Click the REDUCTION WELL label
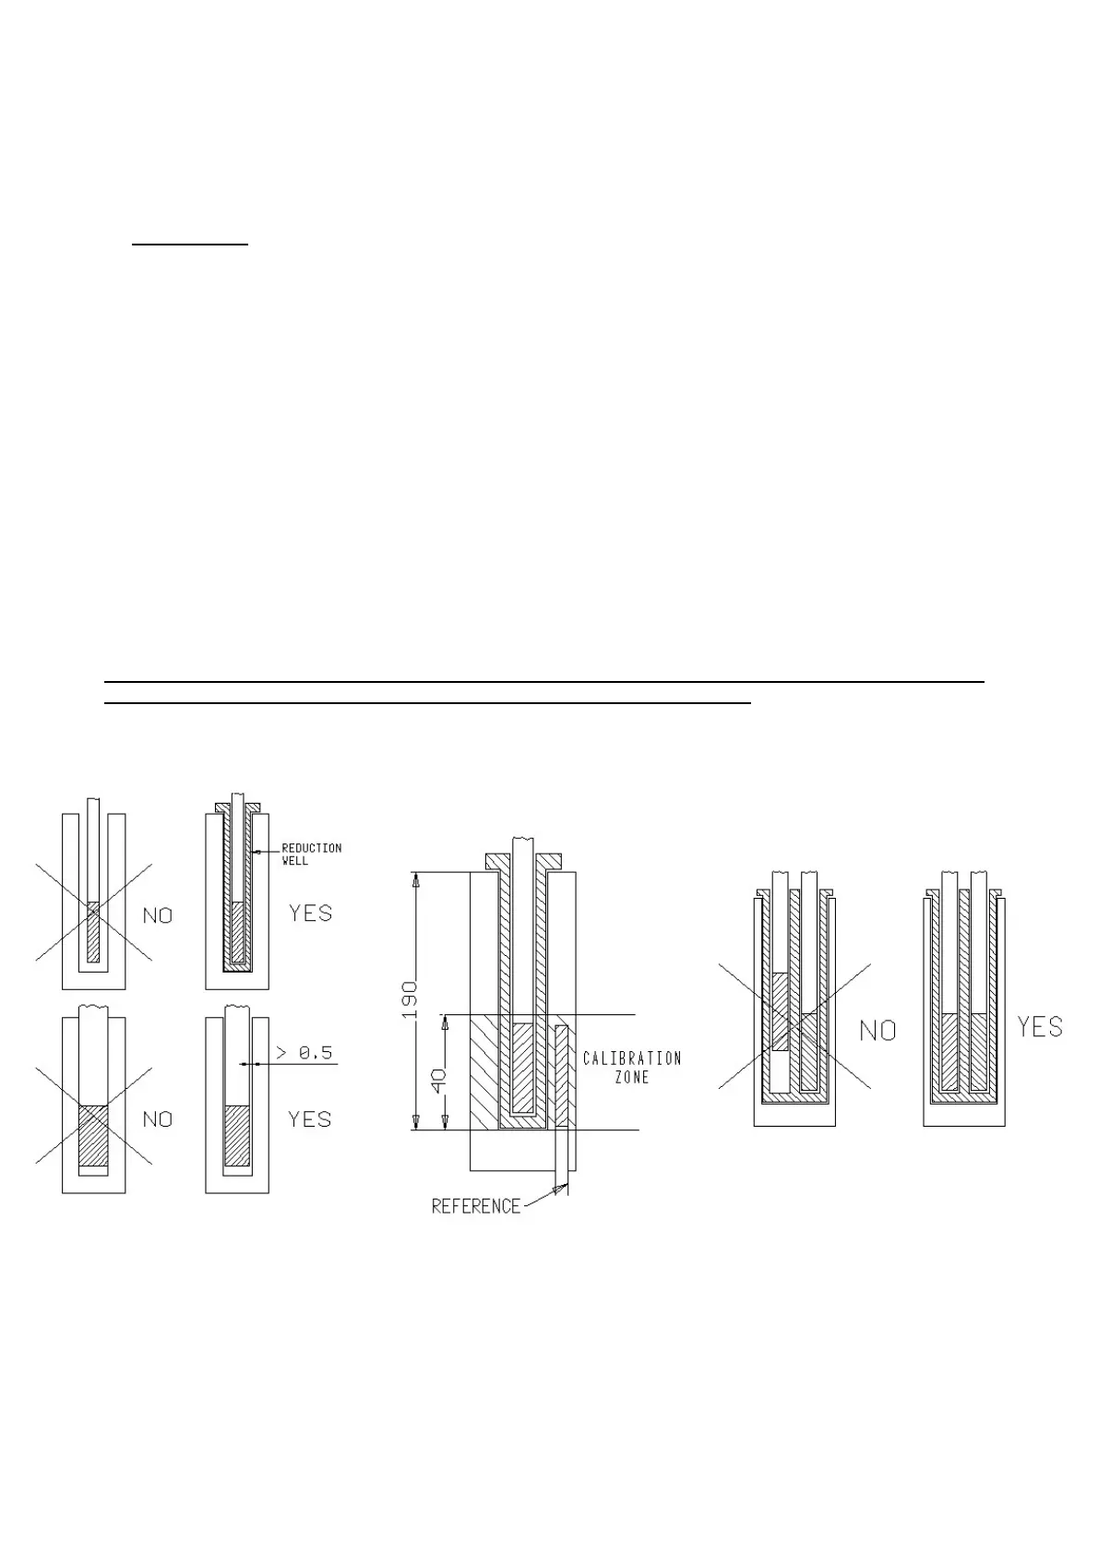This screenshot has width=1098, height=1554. coord(311,854)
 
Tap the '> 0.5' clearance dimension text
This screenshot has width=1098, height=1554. coord(304,1053)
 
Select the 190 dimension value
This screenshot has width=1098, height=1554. coord(410,1000)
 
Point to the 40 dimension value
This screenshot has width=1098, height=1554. coord(439,1076)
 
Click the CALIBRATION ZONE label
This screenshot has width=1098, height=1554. coord(632,1067)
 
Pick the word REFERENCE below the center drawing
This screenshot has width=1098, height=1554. coord(476,1206)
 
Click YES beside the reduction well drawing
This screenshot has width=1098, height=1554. coord(310,913)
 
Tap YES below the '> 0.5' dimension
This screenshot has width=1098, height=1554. coord(309,1119)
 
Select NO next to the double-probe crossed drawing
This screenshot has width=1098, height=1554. coord(877,1030)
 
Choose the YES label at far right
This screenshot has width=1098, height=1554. coord(1040,1027)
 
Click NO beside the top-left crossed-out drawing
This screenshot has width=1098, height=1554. coord(158,915)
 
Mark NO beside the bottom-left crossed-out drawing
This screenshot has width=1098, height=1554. coord(158,1119)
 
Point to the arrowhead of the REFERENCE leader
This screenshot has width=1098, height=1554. coord(559,1189)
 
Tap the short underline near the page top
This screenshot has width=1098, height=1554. coord(190,245)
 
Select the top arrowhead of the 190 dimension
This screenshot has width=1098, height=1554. coord(416,879)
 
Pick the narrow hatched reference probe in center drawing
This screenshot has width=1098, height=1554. coord(561,1075)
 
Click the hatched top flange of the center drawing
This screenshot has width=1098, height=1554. coord(524,860)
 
